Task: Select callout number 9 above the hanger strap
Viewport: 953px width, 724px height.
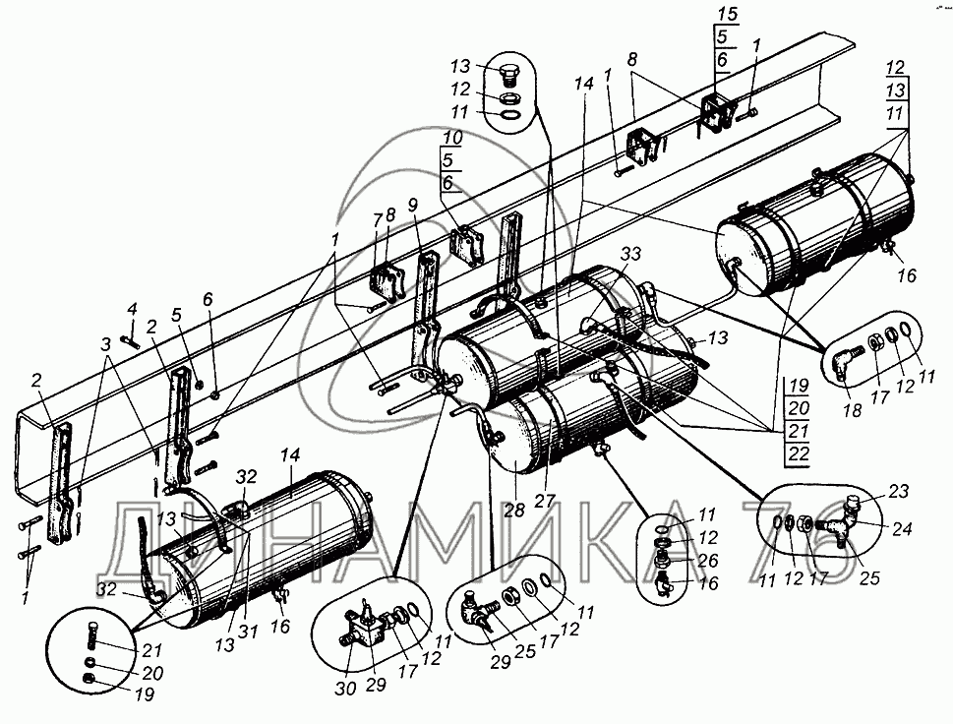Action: click(413, 206)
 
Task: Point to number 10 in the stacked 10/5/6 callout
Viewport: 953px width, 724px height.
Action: click(451, 138)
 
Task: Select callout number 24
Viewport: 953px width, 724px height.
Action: click(902, 529)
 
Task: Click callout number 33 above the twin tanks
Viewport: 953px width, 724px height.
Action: click(630, 254)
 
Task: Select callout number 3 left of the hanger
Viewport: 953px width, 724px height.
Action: click(106, 344)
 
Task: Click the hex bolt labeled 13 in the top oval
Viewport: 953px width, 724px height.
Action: click(508, 76)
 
